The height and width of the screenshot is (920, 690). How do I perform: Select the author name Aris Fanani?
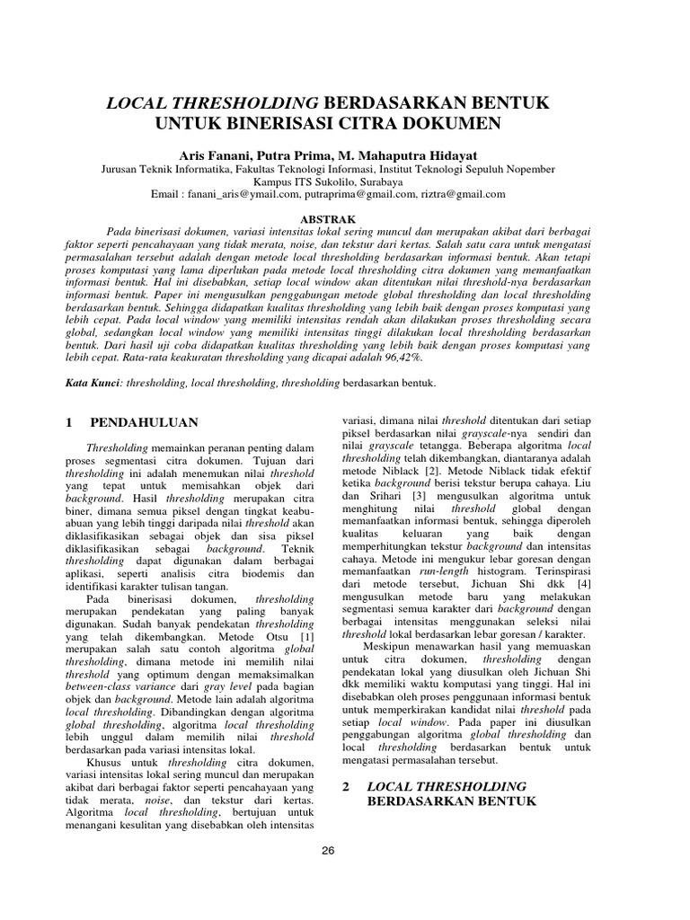pyautogui.click(x=215, y=155)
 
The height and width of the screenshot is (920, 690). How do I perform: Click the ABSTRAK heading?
pyautogui.click(x=328, y=218)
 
